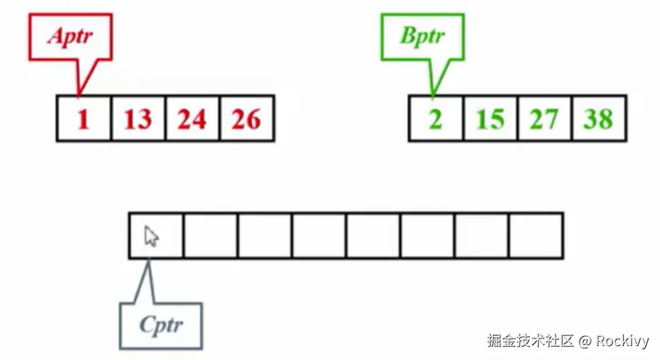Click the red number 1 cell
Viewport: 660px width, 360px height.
tap(84, 119)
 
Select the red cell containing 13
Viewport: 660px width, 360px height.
tap(138, 119)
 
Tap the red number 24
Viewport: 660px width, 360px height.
tap(192, 119)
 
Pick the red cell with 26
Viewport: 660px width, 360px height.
tap(246, 119)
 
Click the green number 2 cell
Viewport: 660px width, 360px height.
tap(436, 119)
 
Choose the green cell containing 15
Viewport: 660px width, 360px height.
tap(490, 119)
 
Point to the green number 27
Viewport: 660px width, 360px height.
tap(544, 119)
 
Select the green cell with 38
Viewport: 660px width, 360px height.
tap(599, 119)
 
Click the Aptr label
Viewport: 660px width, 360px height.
tap(70, 36)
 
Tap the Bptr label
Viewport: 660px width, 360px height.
tap(423, 35)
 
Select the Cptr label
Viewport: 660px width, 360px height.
tap(161, 325)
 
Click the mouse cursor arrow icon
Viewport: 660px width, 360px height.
tap(152, 236)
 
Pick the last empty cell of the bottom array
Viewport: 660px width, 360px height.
tap(536, 236)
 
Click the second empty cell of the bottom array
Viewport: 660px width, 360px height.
tap(210, 236)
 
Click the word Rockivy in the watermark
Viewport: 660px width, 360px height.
tap(622, 341)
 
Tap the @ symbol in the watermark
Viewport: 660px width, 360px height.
tap(586, 341)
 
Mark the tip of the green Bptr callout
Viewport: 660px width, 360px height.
tap(432, 95)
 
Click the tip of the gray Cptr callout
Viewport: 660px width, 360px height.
tap(148, 260)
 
